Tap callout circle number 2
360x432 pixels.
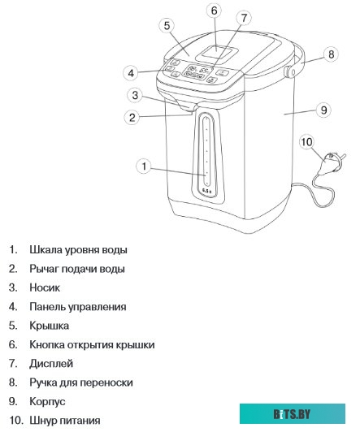pyautogui.click(x=130, y=116)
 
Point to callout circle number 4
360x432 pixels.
pyautogui.click(x=131, y=73)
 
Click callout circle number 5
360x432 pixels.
pyautogui.click(x=166, y=26)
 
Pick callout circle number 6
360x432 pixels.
pyautogui.click(x=214, y=11)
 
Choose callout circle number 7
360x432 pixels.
pyautogui.click(x=244, y=18)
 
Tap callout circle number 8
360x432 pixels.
pyautogui.click(x=331, y=55)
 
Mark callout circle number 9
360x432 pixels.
pyautogui.click(x=323, y=109)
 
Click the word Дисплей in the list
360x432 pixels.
pyautogui.click(x=51, y=364)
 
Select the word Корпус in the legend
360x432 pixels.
pyautogui.click(x=47, y=402)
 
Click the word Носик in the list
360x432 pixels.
pyautogui.click(x=45, y=287)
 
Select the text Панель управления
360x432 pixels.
pyautogui.click(x=77, y=307)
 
